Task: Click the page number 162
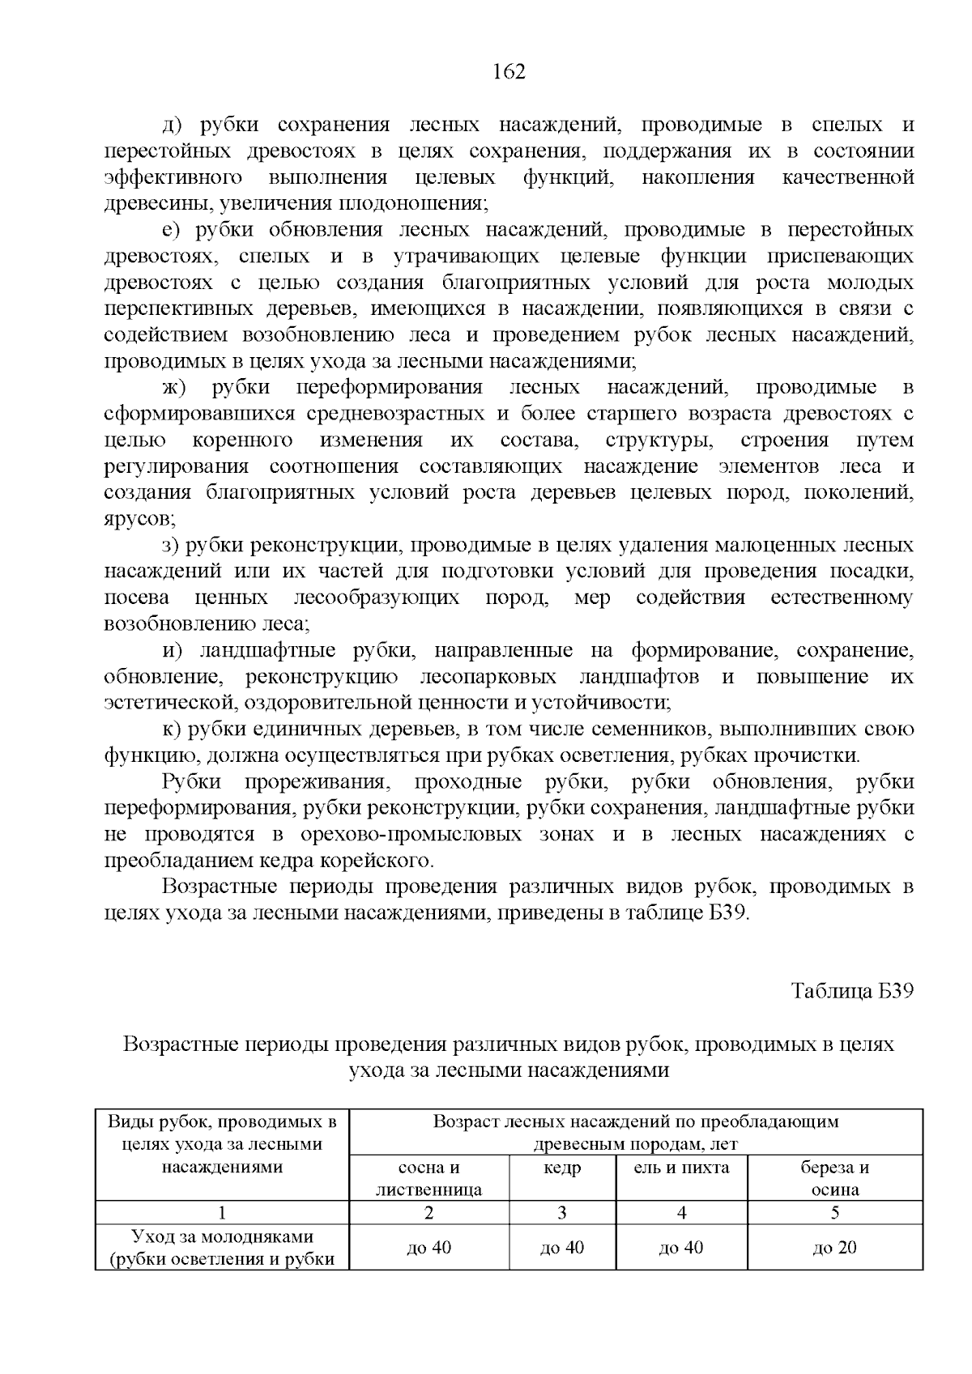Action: pos(509,72)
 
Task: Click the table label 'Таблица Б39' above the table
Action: pos(852,992)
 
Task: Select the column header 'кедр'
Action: pos(562,1168)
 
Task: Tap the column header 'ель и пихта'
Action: pos(681,1168)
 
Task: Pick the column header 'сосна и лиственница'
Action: pos(428,1178)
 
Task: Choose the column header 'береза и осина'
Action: pos(834,1178)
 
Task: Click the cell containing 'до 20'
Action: pos(834,1248)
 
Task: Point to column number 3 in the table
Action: pos(562,1213)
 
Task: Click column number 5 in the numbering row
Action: pos(834,1213)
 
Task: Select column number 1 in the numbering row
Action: pos(222,1213)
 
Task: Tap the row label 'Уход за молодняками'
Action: pos(222,1237)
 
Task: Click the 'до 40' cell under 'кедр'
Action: pos(562,1248)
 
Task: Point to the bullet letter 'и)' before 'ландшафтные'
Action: pos(173,651)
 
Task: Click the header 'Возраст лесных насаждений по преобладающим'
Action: pos(636,1121)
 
